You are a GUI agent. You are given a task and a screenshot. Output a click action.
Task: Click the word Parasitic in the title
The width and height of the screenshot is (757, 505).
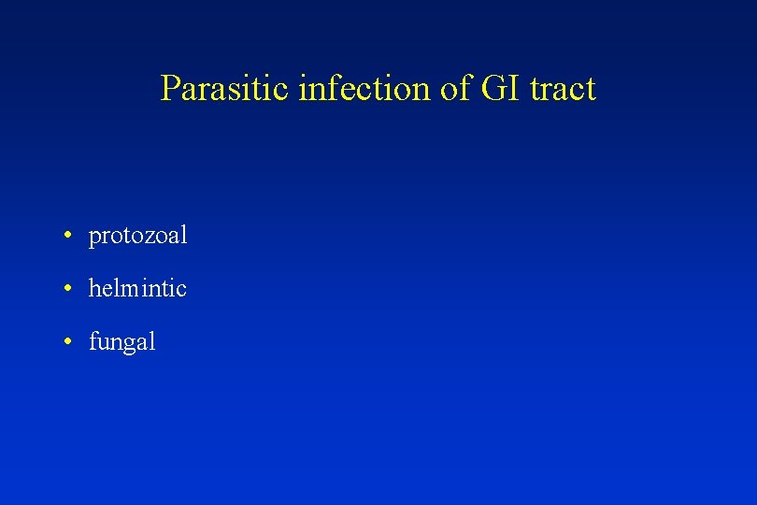coord(225,89)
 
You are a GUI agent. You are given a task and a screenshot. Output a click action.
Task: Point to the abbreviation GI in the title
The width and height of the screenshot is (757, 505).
coord(495,89)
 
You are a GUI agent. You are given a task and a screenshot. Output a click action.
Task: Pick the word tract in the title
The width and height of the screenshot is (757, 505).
coord(563,89)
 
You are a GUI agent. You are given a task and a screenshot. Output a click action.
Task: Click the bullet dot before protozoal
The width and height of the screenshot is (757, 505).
coord(69,236)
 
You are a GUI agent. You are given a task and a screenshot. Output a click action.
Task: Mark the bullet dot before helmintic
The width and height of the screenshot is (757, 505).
coord(69,289)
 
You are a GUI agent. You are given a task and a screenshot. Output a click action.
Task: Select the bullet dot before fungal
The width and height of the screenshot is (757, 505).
coord(69,342)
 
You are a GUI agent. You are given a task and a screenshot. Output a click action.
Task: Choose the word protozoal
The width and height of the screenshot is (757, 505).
coord(137,236)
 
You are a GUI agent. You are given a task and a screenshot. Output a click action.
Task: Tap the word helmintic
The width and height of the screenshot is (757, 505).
coord(137,289)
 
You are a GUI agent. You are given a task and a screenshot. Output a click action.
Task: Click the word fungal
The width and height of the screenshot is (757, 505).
coord(121,342)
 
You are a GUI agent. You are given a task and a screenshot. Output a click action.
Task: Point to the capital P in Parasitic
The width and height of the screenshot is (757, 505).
coord(170,89)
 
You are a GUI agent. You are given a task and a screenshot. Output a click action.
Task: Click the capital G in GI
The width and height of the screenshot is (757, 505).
coord(489,89)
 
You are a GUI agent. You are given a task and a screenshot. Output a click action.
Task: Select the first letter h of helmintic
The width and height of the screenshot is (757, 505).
coord(93,289)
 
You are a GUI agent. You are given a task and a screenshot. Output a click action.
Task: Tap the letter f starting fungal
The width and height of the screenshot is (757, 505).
coord(93,341)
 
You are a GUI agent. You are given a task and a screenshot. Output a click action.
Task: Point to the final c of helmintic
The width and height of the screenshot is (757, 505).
coord(181,291)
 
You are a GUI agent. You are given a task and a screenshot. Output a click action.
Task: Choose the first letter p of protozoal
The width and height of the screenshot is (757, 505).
coord(93,238)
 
